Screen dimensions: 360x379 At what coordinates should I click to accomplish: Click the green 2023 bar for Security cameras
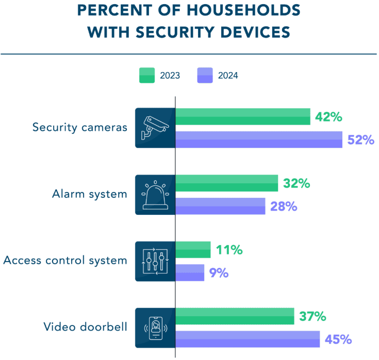[x=243, y=117]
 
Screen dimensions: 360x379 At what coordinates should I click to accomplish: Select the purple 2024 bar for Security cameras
[x=259, y=140]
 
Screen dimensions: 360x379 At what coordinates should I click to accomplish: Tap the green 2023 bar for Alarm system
[x=227, y=183]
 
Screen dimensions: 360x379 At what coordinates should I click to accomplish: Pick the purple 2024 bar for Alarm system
[x=221, y=206]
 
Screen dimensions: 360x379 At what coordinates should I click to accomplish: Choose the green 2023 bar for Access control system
[x=193, y=250]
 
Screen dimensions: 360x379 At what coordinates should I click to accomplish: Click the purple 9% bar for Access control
[x=190, y=272]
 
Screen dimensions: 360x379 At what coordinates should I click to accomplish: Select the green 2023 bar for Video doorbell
[x=235, y=316]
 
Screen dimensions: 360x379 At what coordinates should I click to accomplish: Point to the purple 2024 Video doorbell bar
[x=248, y=339]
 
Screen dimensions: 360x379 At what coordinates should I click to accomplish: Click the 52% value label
[x=360, y=140]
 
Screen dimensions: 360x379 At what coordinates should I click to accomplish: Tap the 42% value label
[x=328, y=117]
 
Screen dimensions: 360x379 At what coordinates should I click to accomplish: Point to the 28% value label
[x=284, y=206]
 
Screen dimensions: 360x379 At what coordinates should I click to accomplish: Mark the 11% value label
[x=229, y=250]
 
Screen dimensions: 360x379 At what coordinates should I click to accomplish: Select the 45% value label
[x=338, y=339]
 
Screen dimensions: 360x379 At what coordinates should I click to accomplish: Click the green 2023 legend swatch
[x=147, y=75]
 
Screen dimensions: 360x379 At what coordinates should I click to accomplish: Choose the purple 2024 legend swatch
[x=205, y=75]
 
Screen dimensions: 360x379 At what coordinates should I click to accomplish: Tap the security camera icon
[x=155, y=128]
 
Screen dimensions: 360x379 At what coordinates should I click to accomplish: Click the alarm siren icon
[x=155, y=195]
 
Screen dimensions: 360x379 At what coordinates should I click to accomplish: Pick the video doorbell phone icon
[x=155, y=328]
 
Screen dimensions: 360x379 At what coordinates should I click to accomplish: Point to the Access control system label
[x=65, y=260]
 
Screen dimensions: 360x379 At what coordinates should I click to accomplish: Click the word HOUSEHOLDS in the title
[x=242, y=10]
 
